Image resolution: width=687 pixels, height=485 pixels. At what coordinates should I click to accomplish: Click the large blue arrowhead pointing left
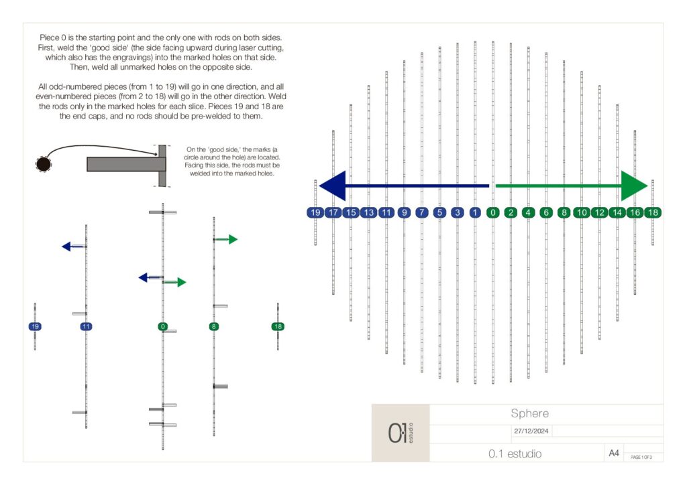pos(333,186)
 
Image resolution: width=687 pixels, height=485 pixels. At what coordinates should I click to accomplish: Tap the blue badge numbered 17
pos(333,212)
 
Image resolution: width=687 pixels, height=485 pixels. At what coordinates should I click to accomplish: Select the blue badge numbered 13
pos(369,212)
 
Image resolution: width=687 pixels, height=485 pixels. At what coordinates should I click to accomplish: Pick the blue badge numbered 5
pos(439,212)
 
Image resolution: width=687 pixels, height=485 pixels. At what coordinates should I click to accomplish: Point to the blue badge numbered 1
pos(475,212)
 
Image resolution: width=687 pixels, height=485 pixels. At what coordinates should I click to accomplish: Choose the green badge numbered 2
pos(511,212)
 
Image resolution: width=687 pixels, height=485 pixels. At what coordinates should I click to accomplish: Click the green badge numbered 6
pos(546,212)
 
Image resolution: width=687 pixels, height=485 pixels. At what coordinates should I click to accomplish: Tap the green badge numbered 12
pos(599,212)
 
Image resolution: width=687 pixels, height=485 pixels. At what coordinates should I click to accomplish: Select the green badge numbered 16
pos(635,212)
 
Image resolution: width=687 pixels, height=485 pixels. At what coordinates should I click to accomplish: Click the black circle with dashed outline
pos(44,164)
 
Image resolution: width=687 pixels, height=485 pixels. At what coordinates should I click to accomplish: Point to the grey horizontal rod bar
pos(126,164)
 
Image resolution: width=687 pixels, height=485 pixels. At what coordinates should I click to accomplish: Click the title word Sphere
pos(529,413)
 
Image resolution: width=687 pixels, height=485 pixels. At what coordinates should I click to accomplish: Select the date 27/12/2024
pos(531,431)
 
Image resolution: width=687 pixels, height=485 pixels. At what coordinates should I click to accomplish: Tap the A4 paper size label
pos(614,453)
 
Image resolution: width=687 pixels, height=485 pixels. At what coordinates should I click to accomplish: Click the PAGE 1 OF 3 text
pos(641,457)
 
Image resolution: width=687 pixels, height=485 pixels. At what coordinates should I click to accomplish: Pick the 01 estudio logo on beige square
pos(401,433)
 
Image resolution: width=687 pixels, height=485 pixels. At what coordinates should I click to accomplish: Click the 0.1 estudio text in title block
pos(515,454)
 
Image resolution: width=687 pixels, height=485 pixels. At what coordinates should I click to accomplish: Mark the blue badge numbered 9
pos(404,212)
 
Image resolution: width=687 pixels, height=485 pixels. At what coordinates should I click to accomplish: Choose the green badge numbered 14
pos(617,212)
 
